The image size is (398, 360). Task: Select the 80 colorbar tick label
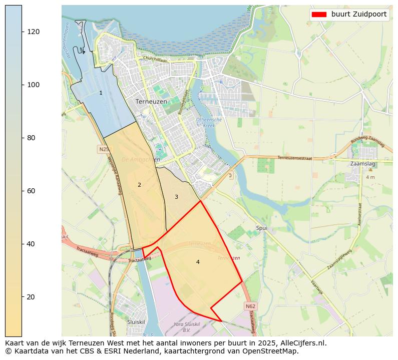34,138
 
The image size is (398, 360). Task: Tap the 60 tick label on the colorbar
34,191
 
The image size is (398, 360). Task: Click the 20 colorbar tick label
34,297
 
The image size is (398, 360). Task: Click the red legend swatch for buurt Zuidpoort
318,14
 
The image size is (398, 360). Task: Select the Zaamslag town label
364,163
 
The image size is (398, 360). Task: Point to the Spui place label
261,228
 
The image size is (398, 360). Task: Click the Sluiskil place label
136,322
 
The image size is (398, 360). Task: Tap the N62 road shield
251,306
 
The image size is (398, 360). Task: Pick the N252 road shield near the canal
104,149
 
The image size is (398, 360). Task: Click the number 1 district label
101,93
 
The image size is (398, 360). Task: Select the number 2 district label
139,185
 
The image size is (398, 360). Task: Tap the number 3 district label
176,197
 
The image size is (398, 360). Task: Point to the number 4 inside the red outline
198,262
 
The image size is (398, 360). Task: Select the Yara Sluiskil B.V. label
186,327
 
